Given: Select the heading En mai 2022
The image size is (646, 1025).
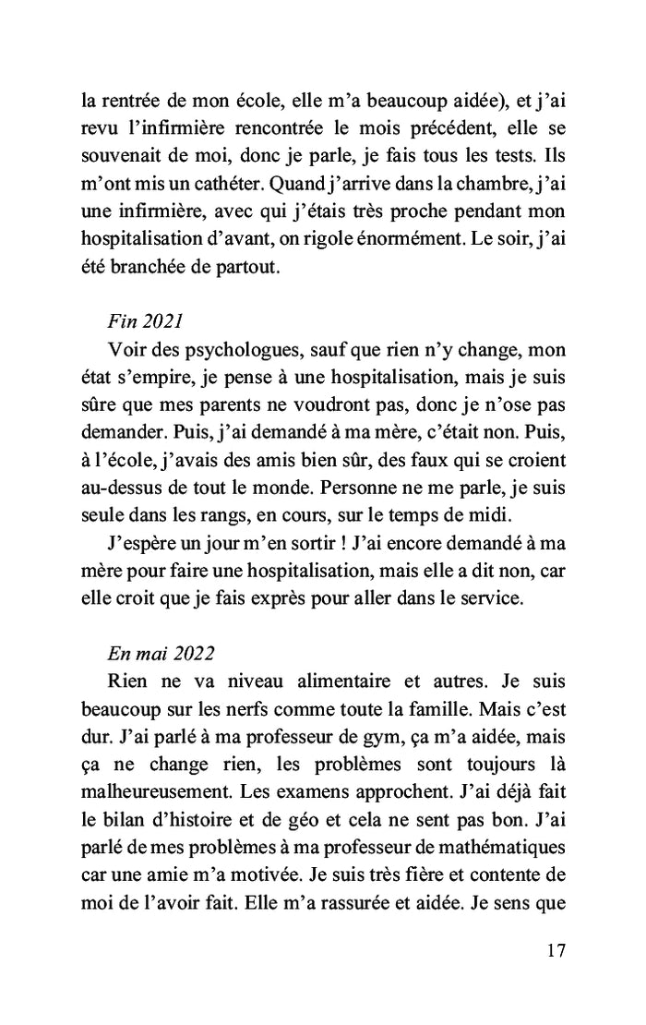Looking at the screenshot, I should pyautogui.click(x=161, y=652).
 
